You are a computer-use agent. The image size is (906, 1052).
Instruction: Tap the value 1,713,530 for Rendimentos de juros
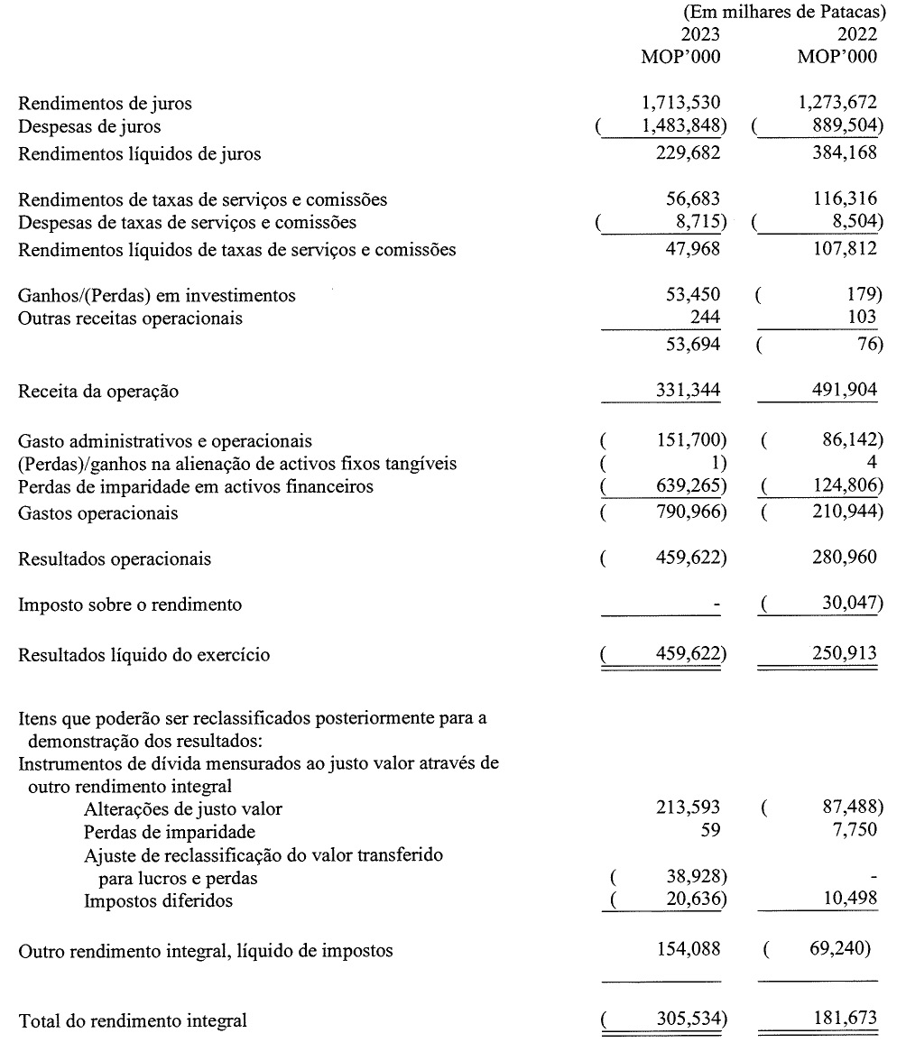(679, 104)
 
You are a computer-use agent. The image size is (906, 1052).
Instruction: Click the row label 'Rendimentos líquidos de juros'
(140, 154)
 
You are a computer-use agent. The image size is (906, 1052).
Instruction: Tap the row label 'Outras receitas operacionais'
(131, 318)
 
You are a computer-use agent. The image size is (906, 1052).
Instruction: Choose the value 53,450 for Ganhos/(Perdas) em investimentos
(691, 295)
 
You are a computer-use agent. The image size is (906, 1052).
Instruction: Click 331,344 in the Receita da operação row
(685, 392)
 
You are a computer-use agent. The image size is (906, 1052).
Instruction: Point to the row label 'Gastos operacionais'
(98, 513)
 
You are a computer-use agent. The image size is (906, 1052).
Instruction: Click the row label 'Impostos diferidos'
(158, 900)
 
